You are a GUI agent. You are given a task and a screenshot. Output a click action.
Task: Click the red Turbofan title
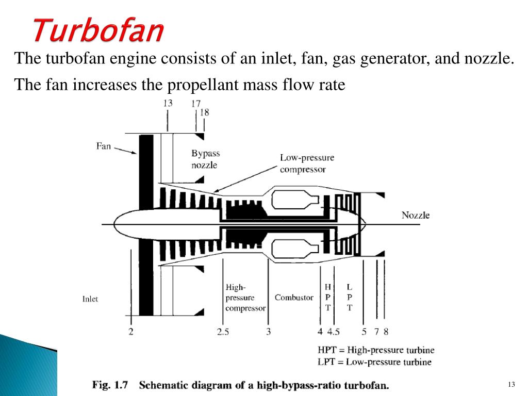tap(98, 30)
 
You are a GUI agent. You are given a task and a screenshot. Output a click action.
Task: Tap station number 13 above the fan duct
tap(168, 103)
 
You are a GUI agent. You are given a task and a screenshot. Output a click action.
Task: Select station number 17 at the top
tap(195, 104)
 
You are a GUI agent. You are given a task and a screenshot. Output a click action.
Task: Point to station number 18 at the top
tap(204, 112)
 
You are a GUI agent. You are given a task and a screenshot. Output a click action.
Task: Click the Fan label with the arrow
tap(103, 146)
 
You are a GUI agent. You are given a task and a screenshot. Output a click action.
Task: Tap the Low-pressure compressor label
tap(307, 163)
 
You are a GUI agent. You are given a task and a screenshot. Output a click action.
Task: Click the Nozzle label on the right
tap(416, 215)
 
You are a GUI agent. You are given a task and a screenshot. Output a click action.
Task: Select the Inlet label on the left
tap(90, 299)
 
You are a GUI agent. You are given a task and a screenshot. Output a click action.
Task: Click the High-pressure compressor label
tap(245, 298)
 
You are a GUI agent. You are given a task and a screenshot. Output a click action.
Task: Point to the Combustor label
tap(294, 298)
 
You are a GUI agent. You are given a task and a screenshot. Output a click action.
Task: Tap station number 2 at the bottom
tap(131, 332)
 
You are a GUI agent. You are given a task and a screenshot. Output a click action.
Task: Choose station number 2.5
tap(223, 332)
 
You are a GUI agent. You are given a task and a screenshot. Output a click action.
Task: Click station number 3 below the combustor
tap(268, 332)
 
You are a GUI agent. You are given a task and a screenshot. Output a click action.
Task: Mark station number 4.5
tap(334, 332)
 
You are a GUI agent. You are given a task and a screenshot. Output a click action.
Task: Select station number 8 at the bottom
tap(386, 332)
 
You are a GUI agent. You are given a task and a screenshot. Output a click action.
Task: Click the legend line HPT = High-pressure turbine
tap(376, 350)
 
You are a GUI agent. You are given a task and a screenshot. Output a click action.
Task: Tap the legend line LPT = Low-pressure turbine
tap(374, 362)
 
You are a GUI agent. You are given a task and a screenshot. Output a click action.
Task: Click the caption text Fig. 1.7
tap(110, 385)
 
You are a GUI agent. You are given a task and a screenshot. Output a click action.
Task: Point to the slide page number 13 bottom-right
tap(511, 385)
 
